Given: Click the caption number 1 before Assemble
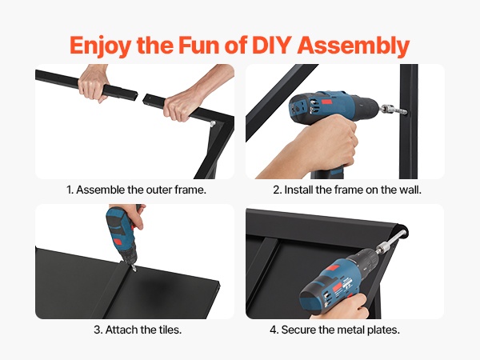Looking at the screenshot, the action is (x=69, y=190).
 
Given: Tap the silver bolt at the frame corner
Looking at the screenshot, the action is (x=213, y=123).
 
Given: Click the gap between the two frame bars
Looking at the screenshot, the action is (x=140, y=98).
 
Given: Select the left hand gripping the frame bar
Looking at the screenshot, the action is (x=93, y=82).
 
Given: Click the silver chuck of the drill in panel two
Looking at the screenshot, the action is (x=392, y=110).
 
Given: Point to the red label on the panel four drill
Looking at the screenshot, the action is (x=338, y=288).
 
